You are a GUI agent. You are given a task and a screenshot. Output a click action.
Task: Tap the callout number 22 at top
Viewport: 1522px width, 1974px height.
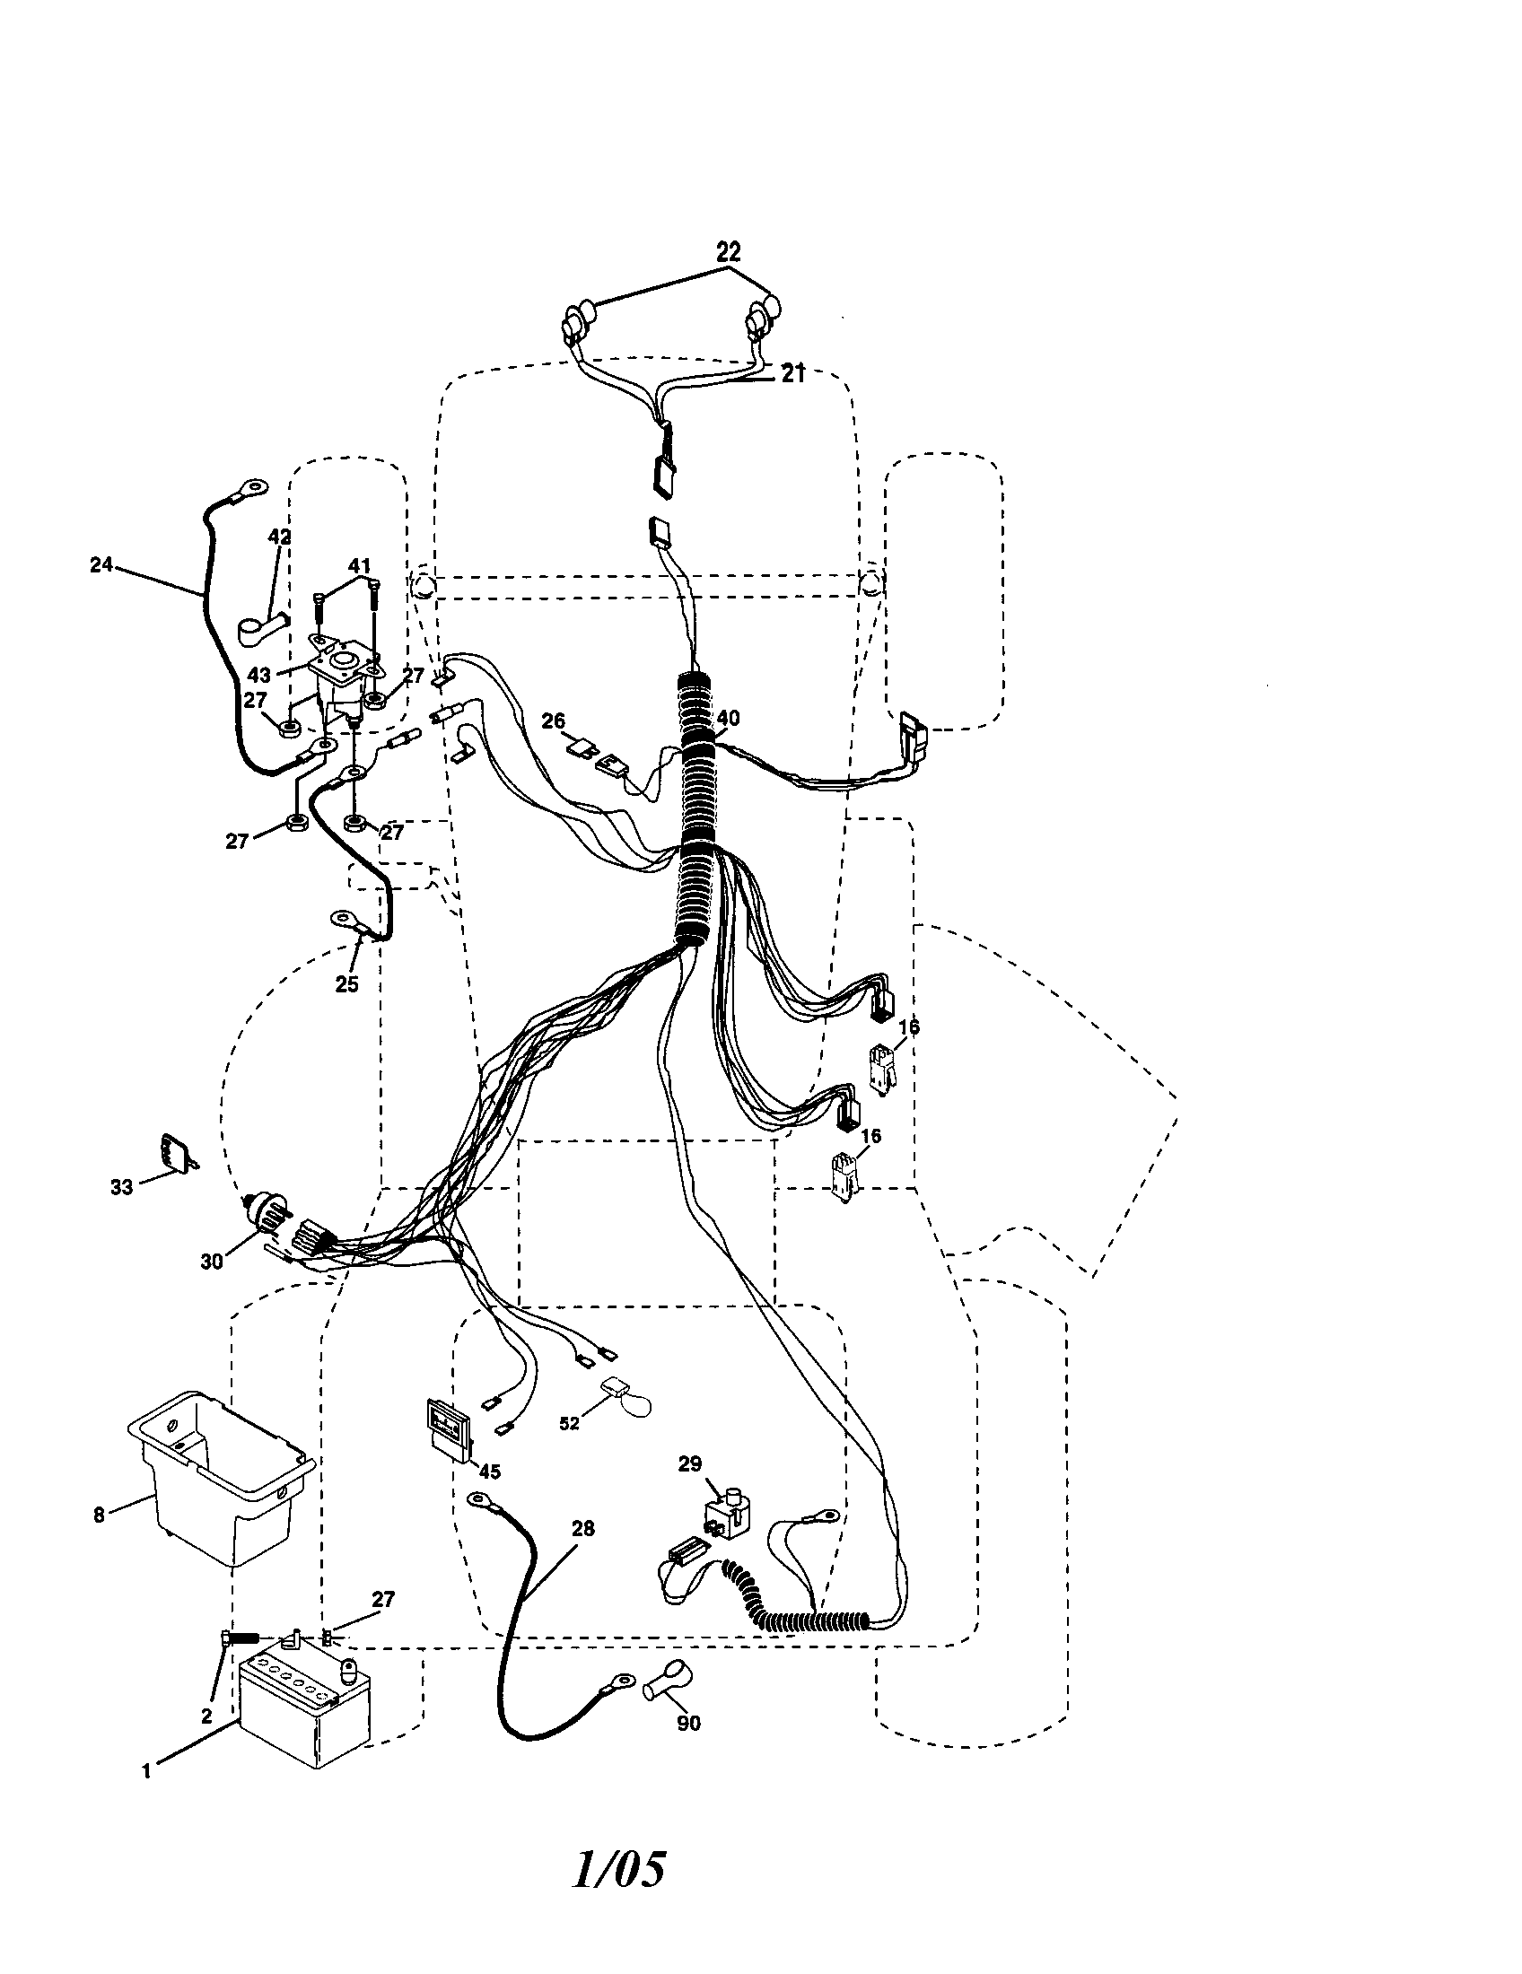click(x=729, y=253)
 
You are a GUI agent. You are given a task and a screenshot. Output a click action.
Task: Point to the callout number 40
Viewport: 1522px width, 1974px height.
click(x=728, y=719)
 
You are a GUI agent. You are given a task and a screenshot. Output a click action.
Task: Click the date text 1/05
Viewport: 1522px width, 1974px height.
click(x=620, y=1895)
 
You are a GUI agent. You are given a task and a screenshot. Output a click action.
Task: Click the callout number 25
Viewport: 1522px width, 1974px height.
click(x=347, y=984)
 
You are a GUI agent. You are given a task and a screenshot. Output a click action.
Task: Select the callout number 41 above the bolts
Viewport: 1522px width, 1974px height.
click(x=360, y=567)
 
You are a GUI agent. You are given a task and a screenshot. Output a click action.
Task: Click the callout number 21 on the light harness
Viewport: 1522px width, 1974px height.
click(x=792, y=374)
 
